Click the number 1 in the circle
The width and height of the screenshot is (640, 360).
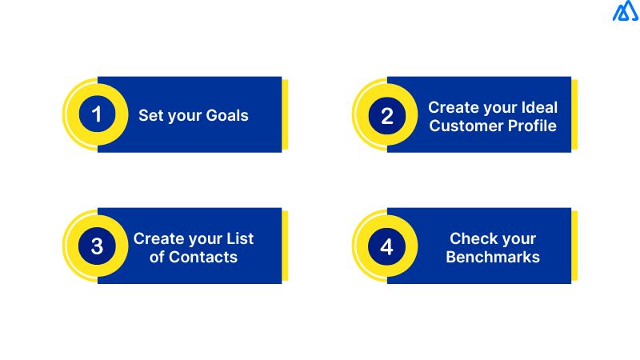(97, 115)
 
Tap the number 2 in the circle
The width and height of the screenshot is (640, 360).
(387, 116)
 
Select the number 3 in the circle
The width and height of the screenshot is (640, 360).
(97, 247)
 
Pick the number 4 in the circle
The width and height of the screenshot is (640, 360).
(387, 247)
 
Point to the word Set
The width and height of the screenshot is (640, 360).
(150, 115)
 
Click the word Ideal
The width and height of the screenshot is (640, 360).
(538, 106)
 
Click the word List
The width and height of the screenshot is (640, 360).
(238, 238)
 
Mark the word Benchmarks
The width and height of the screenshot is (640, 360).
(493, 257)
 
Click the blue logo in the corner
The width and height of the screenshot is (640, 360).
(625, 12)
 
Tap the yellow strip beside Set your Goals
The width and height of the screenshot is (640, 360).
(285, 114)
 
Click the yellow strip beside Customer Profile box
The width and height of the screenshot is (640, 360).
(574, 114)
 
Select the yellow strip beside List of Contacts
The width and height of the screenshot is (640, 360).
(285, 246)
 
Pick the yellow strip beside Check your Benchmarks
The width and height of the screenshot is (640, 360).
(574, 246)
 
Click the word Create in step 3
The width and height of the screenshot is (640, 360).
(158, 238)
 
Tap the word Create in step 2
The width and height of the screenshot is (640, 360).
(452, 106)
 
